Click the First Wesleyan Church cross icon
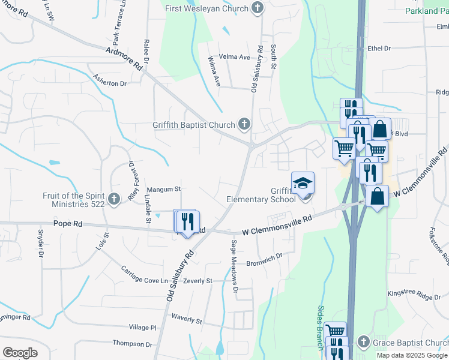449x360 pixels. click(258, 8)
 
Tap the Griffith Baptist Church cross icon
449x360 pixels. click(244, 125)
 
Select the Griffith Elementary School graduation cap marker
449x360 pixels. click(303, 182)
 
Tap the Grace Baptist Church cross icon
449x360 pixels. click(363, 343)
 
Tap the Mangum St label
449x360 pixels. click(164, 189)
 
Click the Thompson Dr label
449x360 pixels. click(132, 344)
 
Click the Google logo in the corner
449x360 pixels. click(20, 352)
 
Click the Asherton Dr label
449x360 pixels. click(110, 80)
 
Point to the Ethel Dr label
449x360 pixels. click(379, 48)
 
